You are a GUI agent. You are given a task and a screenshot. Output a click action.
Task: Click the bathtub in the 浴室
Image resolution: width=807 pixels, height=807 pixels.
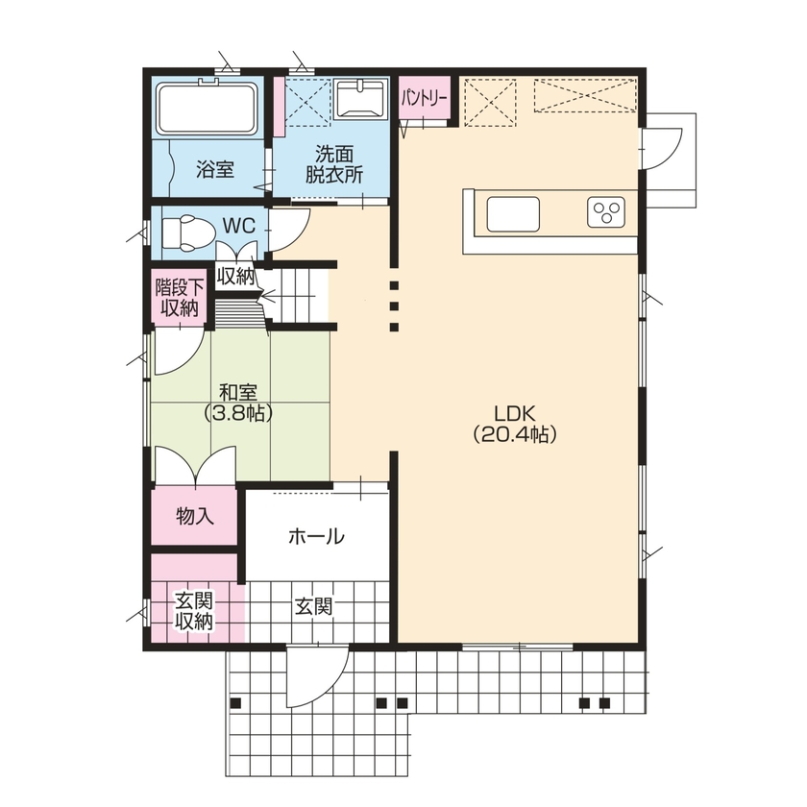click(x=206, y=108)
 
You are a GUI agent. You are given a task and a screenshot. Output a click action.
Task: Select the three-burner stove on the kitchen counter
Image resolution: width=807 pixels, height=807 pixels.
click(x=606, y=212)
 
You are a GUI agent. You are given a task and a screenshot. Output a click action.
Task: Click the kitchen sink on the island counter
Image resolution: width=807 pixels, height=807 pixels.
click(x=515, y=213)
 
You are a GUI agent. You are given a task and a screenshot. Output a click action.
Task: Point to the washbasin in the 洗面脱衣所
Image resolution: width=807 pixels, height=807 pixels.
click(x=361, y=100)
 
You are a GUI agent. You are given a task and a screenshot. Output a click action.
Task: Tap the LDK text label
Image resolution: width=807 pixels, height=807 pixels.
click(x=515, y=413)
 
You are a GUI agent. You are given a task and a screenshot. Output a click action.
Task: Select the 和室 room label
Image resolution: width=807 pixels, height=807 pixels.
click(x=237, y=392)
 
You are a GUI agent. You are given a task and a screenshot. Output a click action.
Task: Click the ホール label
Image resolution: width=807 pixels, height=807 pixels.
click(x=316, y=537)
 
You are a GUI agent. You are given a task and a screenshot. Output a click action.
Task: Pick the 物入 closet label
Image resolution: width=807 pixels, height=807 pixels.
click(x=194, y=517)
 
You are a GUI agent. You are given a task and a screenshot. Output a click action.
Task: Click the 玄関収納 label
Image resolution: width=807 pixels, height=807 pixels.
click(x=194, y=611)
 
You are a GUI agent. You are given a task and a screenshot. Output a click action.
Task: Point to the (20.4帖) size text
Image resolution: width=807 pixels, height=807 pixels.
click(x=515, y=434)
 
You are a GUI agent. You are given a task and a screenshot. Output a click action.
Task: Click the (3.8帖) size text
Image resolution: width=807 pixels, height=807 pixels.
click(x=237, y=413)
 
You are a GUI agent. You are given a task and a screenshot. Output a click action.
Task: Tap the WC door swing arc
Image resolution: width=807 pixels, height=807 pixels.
click(x=287, y=229)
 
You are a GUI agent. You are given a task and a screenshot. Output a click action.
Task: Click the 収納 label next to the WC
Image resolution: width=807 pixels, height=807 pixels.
click(x=234, y=277)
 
